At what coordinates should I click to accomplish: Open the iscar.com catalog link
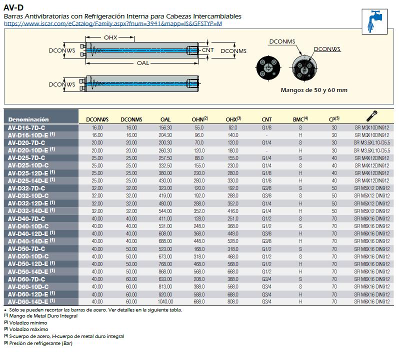(x=112, y=23)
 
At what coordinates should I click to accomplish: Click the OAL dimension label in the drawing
(x=142, y=63)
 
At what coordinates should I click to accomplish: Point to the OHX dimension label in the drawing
(x=110, y=38)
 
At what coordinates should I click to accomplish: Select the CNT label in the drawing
(x=207, y=50)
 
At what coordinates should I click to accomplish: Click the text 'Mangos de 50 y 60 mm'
(x=314, y=90)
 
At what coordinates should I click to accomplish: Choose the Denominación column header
(x=28, y=119)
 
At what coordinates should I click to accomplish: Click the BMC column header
(x=299, y=119)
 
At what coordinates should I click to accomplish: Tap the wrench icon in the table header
(x=371, y=116)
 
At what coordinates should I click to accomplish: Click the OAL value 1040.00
(x=165, y=301)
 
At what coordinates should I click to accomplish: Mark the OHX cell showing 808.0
(x=232, y=301)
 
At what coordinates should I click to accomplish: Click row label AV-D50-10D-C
(x=27, y=256)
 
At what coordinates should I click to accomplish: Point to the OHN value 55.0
(x=199, y=128)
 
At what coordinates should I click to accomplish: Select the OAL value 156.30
(x=165, y=128)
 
